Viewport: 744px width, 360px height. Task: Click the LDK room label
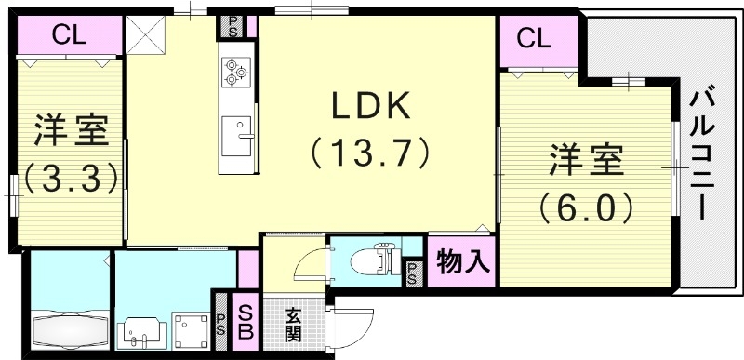click(x=370, y=108)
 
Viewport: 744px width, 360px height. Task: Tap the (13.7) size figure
click(x=370, y=151)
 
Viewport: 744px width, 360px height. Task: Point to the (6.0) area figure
click(x=585, y=204)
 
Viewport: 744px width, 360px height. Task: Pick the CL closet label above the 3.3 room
click(x=69, y=36)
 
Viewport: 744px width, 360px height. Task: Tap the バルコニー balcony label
click(x=701, y=153)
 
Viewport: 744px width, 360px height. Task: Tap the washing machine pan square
click(x=195, y=327)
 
